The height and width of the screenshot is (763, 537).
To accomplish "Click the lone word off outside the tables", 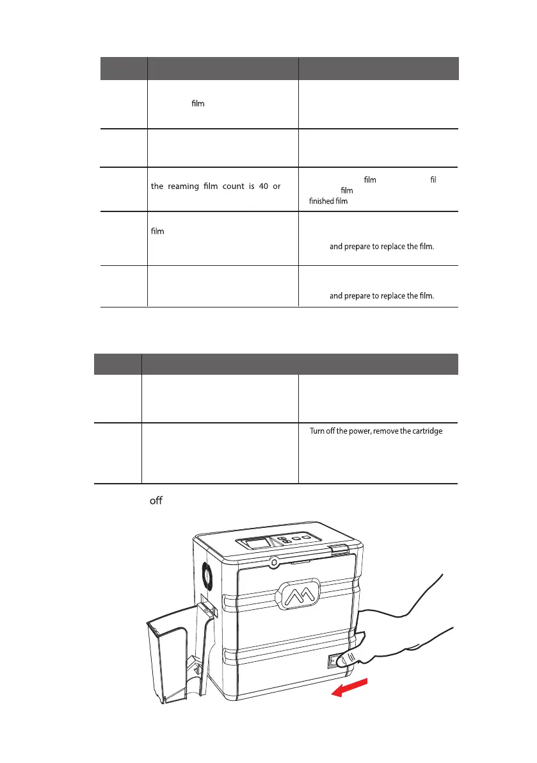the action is point(156,500).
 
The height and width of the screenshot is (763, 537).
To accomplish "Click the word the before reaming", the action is point(157,186).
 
